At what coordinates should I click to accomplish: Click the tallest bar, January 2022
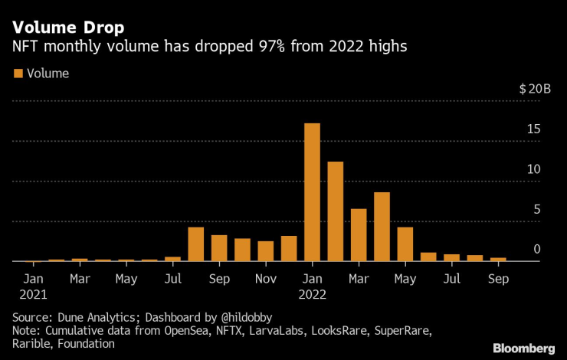[x=312, y=192]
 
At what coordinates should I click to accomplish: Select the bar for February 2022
[x=335, y=211]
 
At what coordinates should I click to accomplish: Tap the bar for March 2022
[x=359, y=235]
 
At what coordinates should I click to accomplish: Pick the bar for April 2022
[x=382, y=227]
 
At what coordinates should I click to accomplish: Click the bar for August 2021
[x=195, y=244]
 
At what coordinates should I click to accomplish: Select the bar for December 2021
[x=289, y=249]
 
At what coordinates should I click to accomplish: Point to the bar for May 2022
[x=405, y=244]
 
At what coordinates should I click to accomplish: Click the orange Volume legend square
[x=18, y=74]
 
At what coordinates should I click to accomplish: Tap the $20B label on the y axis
[x=535, y=89]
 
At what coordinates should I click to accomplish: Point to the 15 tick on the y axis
[x=534, y=129]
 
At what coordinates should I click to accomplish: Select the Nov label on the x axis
[x=265, y=279]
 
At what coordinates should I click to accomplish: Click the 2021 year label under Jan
[x=34, y=294]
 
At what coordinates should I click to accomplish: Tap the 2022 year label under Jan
[x=313, y=294]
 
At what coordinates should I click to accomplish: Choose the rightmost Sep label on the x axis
[x=498, y=279]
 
